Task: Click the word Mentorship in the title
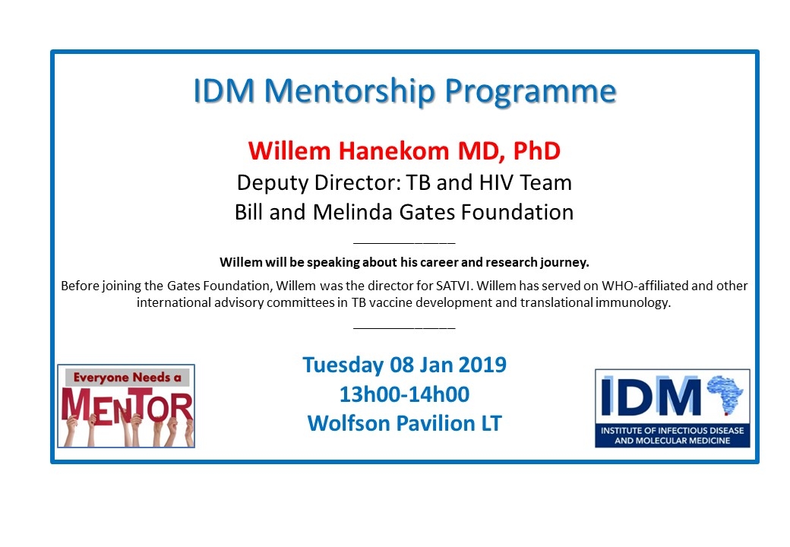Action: [x=347, y=91]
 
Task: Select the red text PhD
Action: [x=536, y=150]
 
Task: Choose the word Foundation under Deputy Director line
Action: [x=512, y=212]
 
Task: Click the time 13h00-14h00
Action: [x=404, y=394]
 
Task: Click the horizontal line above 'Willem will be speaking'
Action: [x=404, y=243]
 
